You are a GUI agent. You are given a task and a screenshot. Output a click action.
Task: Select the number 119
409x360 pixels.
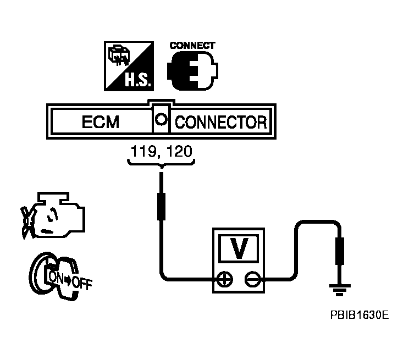tap(141, 151)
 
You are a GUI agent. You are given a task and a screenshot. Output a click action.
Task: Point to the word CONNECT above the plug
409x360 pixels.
tap(192, 46)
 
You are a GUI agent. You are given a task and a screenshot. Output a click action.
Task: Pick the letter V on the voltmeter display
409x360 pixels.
tap(239, 249)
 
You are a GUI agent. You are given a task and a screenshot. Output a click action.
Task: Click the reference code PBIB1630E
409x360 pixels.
tap(360, 315)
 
